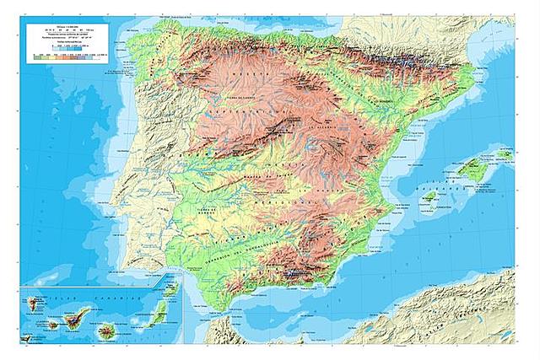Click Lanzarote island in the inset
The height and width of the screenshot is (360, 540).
(x=175, y=288)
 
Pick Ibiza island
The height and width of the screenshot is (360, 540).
(x=430, y=199)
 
